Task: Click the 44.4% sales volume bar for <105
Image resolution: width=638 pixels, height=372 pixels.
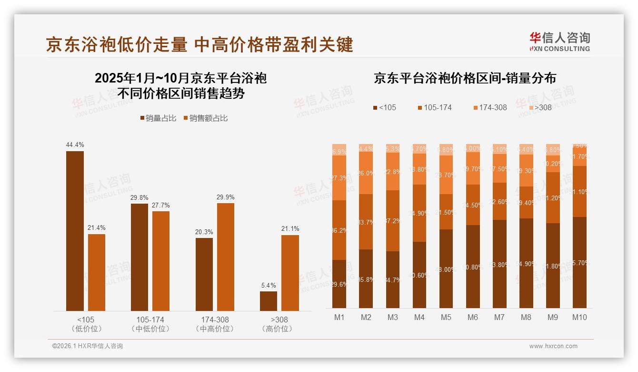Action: [x=75, y=231]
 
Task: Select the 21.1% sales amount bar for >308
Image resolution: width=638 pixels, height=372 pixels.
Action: [x=290, y=273]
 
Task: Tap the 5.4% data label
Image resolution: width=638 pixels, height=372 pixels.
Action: [x=268, y=285]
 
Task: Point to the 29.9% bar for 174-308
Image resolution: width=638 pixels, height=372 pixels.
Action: [x=225, y=257]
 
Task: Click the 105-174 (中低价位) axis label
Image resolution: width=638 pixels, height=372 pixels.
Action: [x=150, y=324]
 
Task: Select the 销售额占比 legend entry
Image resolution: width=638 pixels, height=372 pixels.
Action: [x=205, y=118]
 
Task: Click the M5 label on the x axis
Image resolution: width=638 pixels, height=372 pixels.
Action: [x=446, y=318]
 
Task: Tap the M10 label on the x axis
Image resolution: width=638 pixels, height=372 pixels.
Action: [x=579, y=318]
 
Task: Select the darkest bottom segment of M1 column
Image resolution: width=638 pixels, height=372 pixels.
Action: [x=339, y=284]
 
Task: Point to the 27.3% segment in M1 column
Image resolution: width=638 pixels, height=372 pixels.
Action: [x=339, y=178]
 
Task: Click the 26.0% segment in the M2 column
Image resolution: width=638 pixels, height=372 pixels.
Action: [x=366, y=173]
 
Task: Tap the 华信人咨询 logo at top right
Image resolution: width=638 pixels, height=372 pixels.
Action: [x=559, y=42]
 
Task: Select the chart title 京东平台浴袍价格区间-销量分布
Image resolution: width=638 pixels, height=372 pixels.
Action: [x=465, y=78]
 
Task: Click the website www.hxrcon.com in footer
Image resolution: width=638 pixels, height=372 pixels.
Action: [x=553, y=346]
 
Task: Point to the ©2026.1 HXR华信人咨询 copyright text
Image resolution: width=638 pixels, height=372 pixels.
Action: [x=88, y=346]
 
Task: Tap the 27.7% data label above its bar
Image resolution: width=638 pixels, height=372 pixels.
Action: [x=161, y=205]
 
